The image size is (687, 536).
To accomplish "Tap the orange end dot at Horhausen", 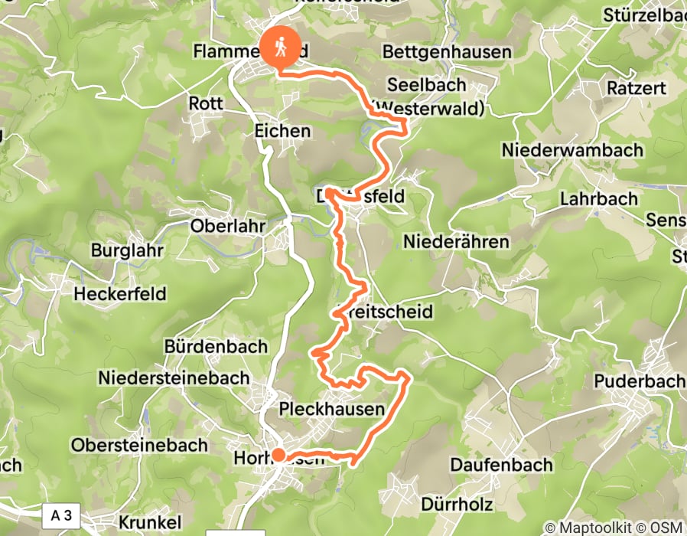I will [x=278, y=456].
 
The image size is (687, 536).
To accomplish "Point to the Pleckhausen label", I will [x=332, y=409].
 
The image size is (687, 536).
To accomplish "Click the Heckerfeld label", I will [x=120, y=293].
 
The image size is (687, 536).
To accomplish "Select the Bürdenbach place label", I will [x=217, y=346].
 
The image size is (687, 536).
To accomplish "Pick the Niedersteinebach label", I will [x=174, y=377].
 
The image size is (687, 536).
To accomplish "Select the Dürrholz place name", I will [x=457, y=505].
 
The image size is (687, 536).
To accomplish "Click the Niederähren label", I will [x=456, y=242].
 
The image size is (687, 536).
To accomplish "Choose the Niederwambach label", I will [x=572, y=149].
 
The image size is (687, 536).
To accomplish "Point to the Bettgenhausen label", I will [x=446, y=52].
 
